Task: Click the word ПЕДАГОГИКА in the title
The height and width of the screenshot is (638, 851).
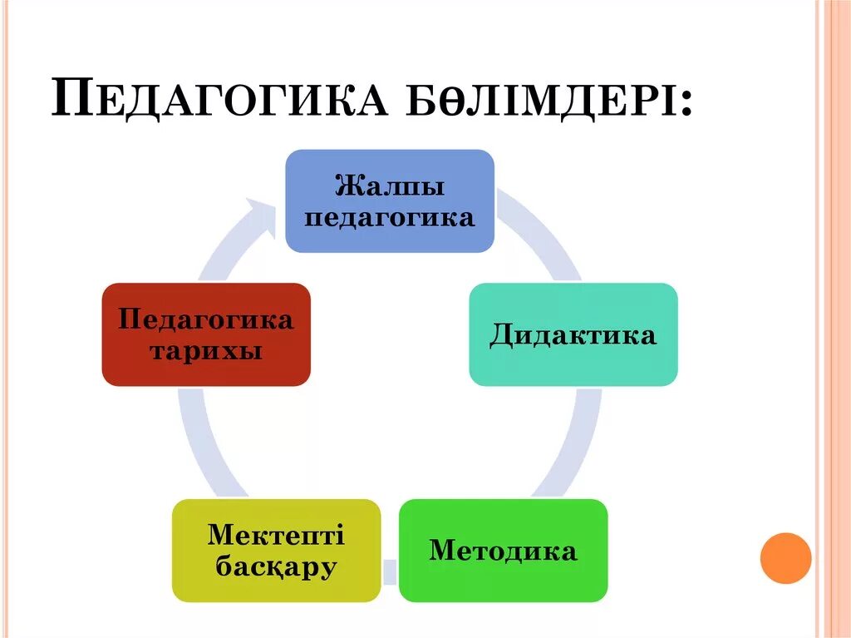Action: tap(220, 98)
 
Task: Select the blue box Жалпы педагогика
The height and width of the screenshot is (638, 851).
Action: tap(390, 200)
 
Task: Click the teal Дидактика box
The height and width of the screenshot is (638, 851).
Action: tap(573, 334)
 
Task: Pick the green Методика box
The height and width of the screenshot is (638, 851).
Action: tap(503, 550)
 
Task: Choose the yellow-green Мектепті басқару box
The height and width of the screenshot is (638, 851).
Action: tap(276, 550)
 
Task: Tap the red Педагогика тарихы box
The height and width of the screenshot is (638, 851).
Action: tap(206, 334)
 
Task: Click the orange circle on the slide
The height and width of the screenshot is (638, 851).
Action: tap(785, 557)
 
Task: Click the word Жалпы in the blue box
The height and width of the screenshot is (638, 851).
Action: tap(390, 185)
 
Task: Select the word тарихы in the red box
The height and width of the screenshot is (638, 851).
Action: tap(206, 351)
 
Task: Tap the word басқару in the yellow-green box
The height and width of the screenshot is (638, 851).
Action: tap(276, 567)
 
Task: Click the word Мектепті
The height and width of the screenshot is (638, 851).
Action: tap(276, 534)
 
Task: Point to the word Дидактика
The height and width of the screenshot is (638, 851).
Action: tap(573, 335)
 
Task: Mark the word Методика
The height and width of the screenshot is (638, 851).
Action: tap(503, 551)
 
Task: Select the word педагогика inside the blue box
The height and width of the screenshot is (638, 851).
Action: tap(390, 218)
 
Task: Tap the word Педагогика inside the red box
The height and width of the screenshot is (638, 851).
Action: tap(206, 319)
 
